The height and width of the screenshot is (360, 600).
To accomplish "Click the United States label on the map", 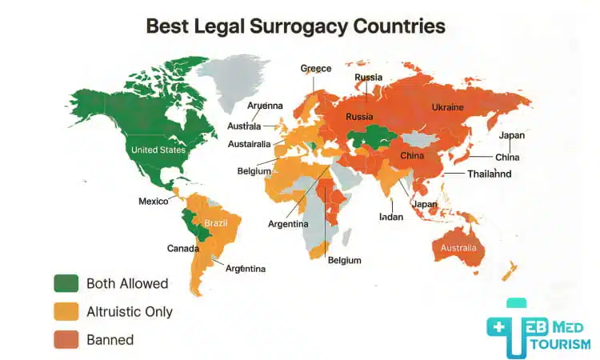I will coord(158,150).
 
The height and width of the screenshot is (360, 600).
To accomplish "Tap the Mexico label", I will coord(153,201).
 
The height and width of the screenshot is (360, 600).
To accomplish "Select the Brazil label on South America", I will coord(216,222).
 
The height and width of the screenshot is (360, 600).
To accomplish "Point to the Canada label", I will coord(182,248).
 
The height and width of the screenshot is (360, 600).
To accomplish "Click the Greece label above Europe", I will coord(315,69).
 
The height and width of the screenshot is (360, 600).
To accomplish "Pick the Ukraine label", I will coord(447,107).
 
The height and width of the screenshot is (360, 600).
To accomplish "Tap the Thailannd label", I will coord(490,174).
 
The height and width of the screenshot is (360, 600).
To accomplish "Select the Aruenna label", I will coord(265,106).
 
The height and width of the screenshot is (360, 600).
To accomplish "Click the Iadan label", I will coord(391,217).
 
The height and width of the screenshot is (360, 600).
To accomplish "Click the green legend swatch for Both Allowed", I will coord(66,283).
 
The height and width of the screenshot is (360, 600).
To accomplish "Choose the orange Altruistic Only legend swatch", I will coord(66,311).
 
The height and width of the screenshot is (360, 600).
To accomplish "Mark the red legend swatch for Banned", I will coord(66,339).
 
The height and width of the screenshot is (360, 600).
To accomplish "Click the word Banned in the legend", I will coord(111,339).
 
